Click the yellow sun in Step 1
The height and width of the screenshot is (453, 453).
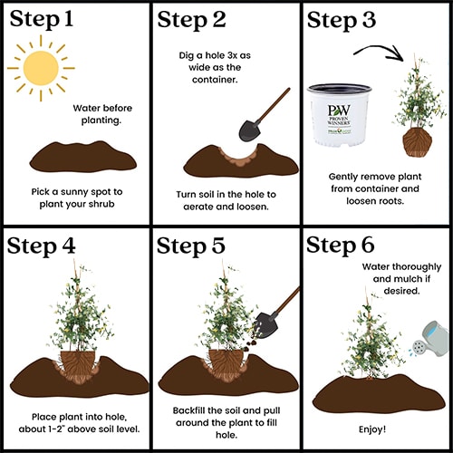41,68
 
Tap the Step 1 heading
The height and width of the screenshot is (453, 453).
42,20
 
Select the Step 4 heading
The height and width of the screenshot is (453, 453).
41,246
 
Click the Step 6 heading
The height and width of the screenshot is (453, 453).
341,246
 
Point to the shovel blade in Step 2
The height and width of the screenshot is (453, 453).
249,130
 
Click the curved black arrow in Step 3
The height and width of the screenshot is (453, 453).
379,52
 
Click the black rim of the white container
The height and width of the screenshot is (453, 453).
340,89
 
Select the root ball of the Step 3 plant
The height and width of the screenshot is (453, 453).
418,142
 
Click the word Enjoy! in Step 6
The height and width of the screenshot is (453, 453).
372,429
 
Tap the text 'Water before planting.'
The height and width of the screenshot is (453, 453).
102,114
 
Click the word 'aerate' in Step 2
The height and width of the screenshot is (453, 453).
199,207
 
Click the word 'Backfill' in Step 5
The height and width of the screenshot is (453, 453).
188,410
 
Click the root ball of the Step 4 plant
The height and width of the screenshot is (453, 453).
78,366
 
